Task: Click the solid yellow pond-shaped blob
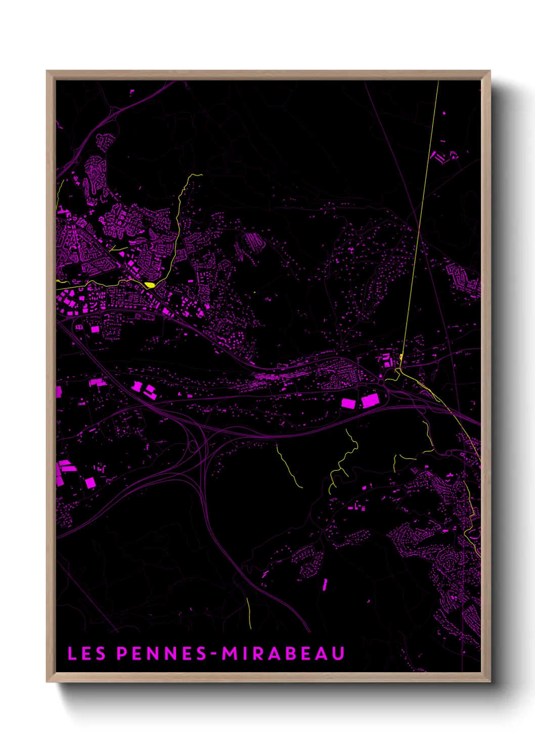(x=149, y=285)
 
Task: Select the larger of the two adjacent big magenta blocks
(x=370, y=401)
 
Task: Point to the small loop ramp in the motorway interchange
(x=193, y=447)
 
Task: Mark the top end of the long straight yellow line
(x=438, y=82)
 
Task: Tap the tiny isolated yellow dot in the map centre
(x=254, y=292)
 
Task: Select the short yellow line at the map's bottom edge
(x=249, y=613)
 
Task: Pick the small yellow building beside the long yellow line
(x=400, y=358)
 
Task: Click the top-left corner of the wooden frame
(x=47, y=71)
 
